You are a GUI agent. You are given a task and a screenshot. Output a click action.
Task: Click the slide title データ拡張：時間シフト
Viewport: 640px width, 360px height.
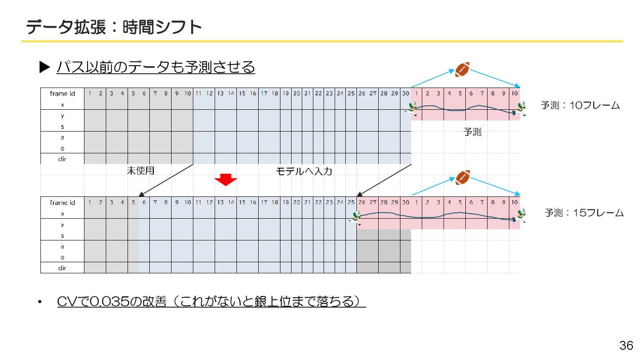(x=114, y=28)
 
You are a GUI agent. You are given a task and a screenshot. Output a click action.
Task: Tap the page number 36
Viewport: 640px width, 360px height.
(x=626, y=345)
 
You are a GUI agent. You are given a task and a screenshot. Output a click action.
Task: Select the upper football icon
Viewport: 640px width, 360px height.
(x=462, y=70)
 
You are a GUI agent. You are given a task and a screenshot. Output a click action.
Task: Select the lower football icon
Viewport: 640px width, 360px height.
(x=463, y=177)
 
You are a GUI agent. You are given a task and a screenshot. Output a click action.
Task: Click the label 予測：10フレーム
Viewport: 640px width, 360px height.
(x=580, y=105)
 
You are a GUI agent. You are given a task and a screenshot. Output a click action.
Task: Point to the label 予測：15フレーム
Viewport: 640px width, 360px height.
(x=584, y=213)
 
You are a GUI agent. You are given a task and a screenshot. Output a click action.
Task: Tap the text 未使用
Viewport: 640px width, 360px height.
(x=140, y=171)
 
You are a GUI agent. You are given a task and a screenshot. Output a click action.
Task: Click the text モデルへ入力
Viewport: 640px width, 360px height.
(x=304, y=171)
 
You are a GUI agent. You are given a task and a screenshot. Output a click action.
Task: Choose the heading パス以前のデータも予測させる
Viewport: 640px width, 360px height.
(x=156, y=67)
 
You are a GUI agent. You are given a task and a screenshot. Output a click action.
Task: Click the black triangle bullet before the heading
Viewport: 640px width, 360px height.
(x=44, y=67)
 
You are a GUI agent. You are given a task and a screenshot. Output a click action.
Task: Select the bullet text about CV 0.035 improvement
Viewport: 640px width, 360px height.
(x=211, y=302)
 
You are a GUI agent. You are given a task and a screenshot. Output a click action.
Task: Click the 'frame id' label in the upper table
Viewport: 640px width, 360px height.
(x=62, y=93)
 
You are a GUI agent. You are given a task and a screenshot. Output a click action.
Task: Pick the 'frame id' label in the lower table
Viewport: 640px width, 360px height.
(x=62, y=202)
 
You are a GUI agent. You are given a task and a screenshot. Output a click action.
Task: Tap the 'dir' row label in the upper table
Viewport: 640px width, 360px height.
(x=62, y=159)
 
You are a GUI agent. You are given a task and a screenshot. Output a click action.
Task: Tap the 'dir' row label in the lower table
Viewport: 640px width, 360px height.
(x=62, y=268)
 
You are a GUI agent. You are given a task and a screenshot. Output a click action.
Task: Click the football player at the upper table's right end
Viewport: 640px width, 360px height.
(x=520, y=109)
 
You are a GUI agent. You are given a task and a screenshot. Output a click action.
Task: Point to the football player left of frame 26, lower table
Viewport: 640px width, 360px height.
(x=355, y=217)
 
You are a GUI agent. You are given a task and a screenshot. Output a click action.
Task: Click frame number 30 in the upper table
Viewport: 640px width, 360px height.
(x=406, y=93)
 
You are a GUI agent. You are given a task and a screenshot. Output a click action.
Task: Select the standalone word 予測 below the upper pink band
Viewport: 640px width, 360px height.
(x=472, y=132)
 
